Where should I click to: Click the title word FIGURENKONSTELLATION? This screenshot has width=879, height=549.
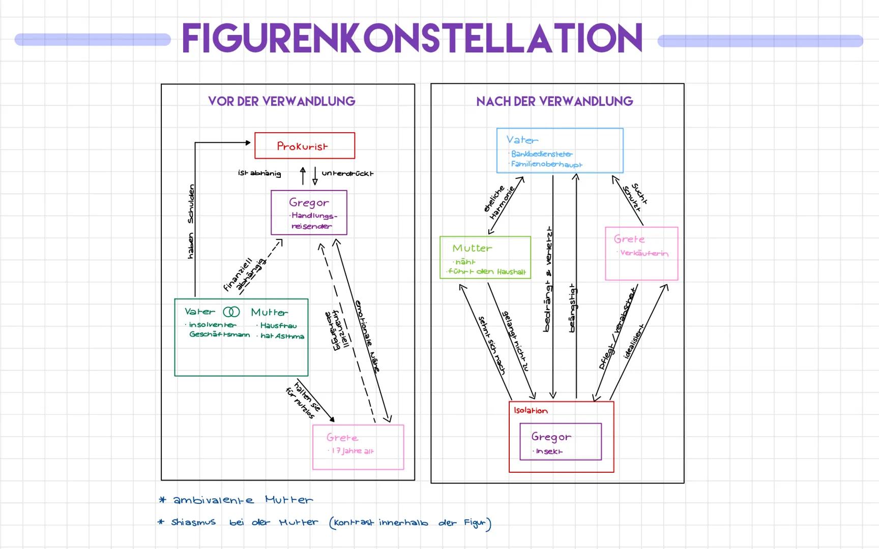[x=412, y=39]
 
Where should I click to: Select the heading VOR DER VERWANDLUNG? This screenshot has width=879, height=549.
[x=281, y=101]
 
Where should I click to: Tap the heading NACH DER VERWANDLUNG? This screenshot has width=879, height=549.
[x=554, y=101]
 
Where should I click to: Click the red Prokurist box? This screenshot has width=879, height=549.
[x=304, y=146]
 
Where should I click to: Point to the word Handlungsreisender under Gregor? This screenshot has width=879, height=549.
[x=312, y=221]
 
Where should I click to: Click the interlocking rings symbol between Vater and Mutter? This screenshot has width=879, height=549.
[x=231, y=312]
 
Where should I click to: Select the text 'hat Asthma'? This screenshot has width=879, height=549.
[x=282, y=336]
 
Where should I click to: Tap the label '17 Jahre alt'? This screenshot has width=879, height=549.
[x=352, y=451]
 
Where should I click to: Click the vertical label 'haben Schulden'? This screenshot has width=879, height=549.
[x=191, y=222]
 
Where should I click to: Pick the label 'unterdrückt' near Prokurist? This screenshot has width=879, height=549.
[x=347, y=173]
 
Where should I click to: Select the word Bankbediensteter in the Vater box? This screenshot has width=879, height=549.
[x=542, y=154]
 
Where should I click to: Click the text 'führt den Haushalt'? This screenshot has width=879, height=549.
[x=487, y=271]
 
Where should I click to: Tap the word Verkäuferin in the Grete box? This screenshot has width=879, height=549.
[x=644, y=253]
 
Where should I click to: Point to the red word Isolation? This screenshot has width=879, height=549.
[x=531, y=411]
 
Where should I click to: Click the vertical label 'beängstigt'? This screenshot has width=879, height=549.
[x=572, y=308]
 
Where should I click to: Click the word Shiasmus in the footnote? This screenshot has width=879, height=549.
[x=193, y=522]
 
